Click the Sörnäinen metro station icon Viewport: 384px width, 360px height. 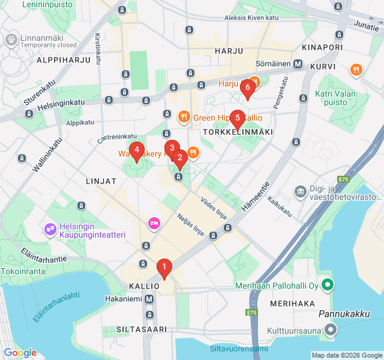click(298, 64)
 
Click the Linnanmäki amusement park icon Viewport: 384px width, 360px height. click(11, 40)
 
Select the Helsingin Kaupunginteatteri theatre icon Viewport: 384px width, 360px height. click(50, 229)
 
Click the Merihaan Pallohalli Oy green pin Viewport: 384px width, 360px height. click(328, 286)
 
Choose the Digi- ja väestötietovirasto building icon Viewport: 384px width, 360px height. click(299, 191)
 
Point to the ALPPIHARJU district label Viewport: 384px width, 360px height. click(63, 60)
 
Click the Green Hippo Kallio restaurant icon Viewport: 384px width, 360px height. click(184, 116)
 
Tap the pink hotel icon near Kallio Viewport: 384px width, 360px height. click(153, 224)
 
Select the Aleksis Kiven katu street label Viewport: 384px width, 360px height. click(251, 18)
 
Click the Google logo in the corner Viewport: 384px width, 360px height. click(20, 353)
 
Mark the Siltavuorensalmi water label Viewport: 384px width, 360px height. click(239, 349)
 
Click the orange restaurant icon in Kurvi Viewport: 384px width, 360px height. click(356, 70)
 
